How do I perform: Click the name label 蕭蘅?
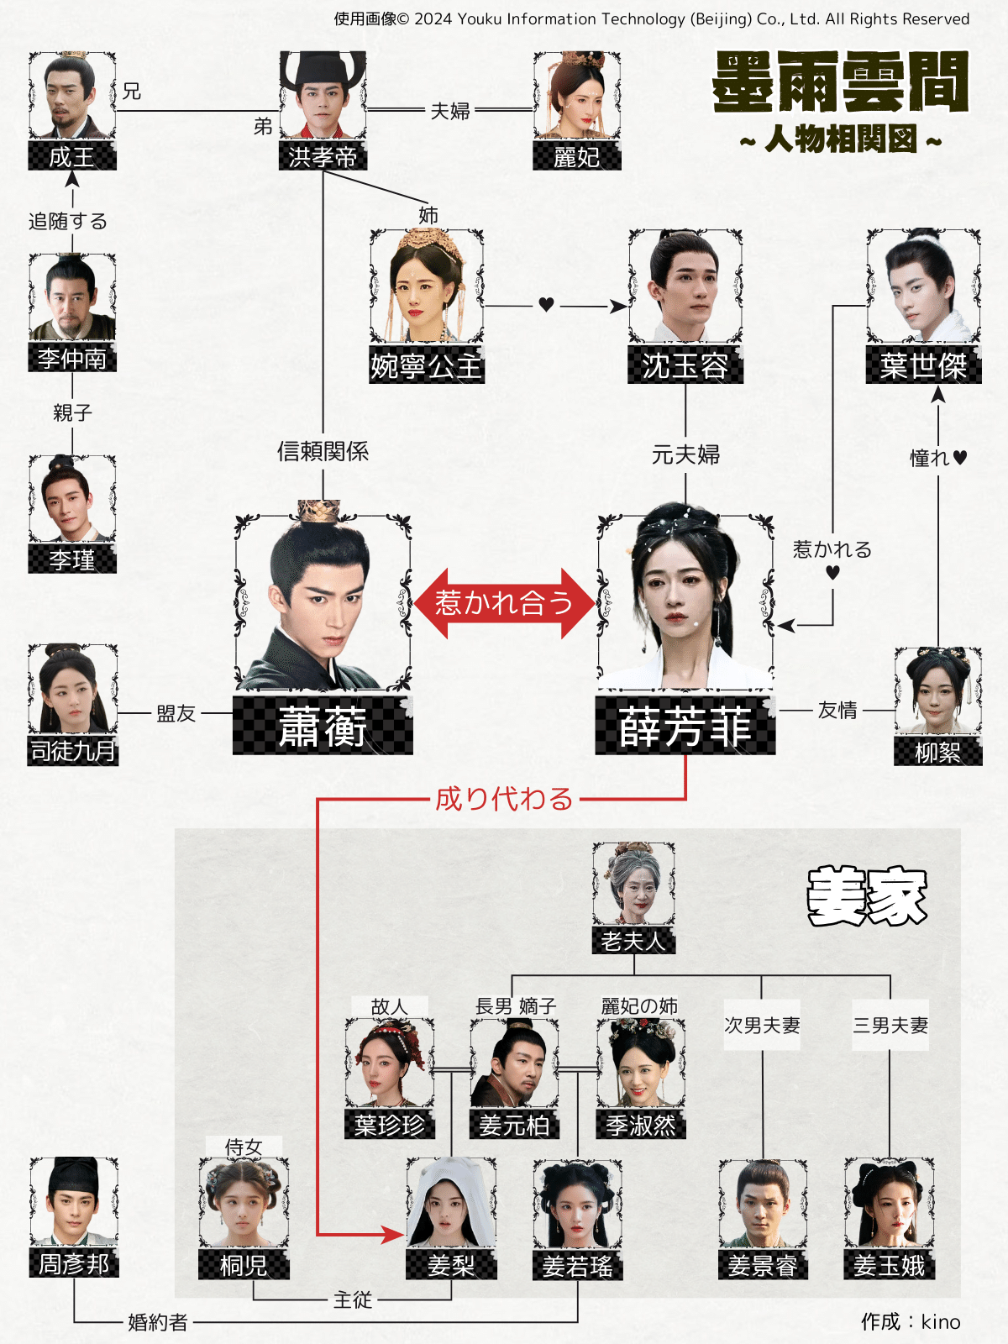pyautogui.click(x=323, y=726)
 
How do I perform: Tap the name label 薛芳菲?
pyautogui.click(x=685, y=726)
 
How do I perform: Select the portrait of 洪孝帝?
pyautogui.click(x=323, y=96)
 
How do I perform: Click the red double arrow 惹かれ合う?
pyautogui.click(x=504, y=603)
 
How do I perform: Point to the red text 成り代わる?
pyautogui.click(x=504, y=799)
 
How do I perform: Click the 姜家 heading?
pyautogui.click(x=867, y=896)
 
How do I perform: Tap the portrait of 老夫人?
pyautogui.click(x=633, y=884)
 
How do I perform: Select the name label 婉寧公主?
pyautogui.click(x=426, y=366)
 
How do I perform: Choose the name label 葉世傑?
pyautogui.click(x=923, y=366)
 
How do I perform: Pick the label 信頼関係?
pyautogui.click(x=323, y=452)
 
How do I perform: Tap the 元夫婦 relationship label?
pyautogui.click(x=685, y=455)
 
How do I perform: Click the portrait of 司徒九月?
pyautogui.click(x=72, y=689)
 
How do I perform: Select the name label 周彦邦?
pyautogui.click(x=74, y=1263)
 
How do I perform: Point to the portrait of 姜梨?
pyautogui.click(x=451, y=1203)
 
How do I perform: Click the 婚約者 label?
pyautogui.click(x=157, y=1323)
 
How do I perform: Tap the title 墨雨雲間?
pyautogui.click(x=840, y=82)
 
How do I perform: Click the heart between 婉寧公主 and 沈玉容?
pyautogui.click(x=546, y=305)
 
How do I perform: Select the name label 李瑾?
pyautogui.click(x=72, y=560)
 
